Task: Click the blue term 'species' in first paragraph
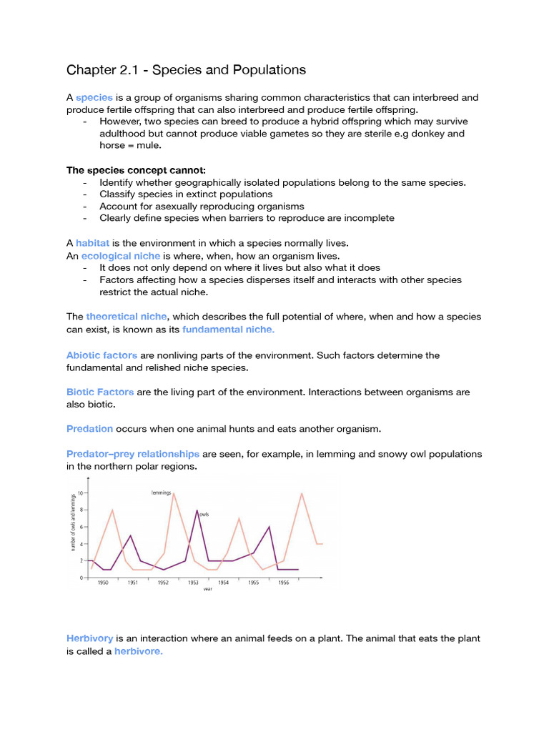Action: (x=94, y=97)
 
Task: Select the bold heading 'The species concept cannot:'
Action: (x=136, y=170)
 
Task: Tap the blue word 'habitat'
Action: (x=92, y=243)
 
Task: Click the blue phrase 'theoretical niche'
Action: (x=127, y=316)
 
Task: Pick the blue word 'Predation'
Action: (x=89, y=429)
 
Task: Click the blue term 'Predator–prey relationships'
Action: (x=133, y=454)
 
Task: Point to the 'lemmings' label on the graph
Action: (x=162, y=493)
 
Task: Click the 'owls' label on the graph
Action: (x=204, y=514)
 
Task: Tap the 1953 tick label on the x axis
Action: (x=194, y=583)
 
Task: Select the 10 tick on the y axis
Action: (x=82, y=493)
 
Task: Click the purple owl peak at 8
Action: (x=197, y=510)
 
